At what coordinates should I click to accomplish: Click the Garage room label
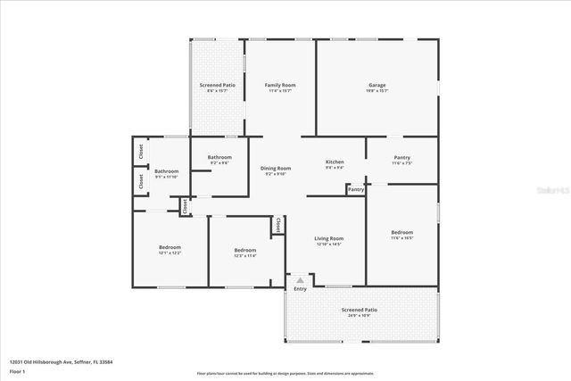pos(377,85)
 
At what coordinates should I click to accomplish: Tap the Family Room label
pos(279,85)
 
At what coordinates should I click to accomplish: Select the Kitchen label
pos(335,162)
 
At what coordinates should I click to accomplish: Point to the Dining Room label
pos(276,168)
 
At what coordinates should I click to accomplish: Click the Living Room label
pos(329,238)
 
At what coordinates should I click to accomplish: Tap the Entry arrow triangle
pos(300,280)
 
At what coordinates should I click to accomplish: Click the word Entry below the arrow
pos(300,288)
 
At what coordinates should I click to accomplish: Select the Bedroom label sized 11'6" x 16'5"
pos(401,232)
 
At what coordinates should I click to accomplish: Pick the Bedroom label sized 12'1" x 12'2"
pos(170,247)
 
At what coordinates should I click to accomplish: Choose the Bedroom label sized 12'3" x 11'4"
pos(244,250)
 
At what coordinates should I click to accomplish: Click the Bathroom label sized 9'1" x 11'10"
pos(167,170)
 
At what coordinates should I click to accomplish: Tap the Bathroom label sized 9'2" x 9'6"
pos(219,157)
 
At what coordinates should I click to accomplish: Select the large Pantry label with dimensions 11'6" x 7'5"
pos(401,157)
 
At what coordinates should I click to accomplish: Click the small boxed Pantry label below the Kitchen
pos(356,189)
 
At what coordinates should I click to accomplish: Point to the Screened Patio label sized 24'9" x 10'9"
pos(360,310)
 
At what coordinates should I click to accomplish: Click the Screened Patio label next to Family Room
pos(217,85)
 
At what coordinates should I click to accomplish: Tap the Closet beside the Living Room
pos(277,224)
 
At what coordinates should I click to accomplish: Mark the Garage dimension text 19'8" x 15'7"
pos(377,91)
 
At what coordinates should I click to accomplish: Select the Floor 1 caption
pos(17,370)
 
